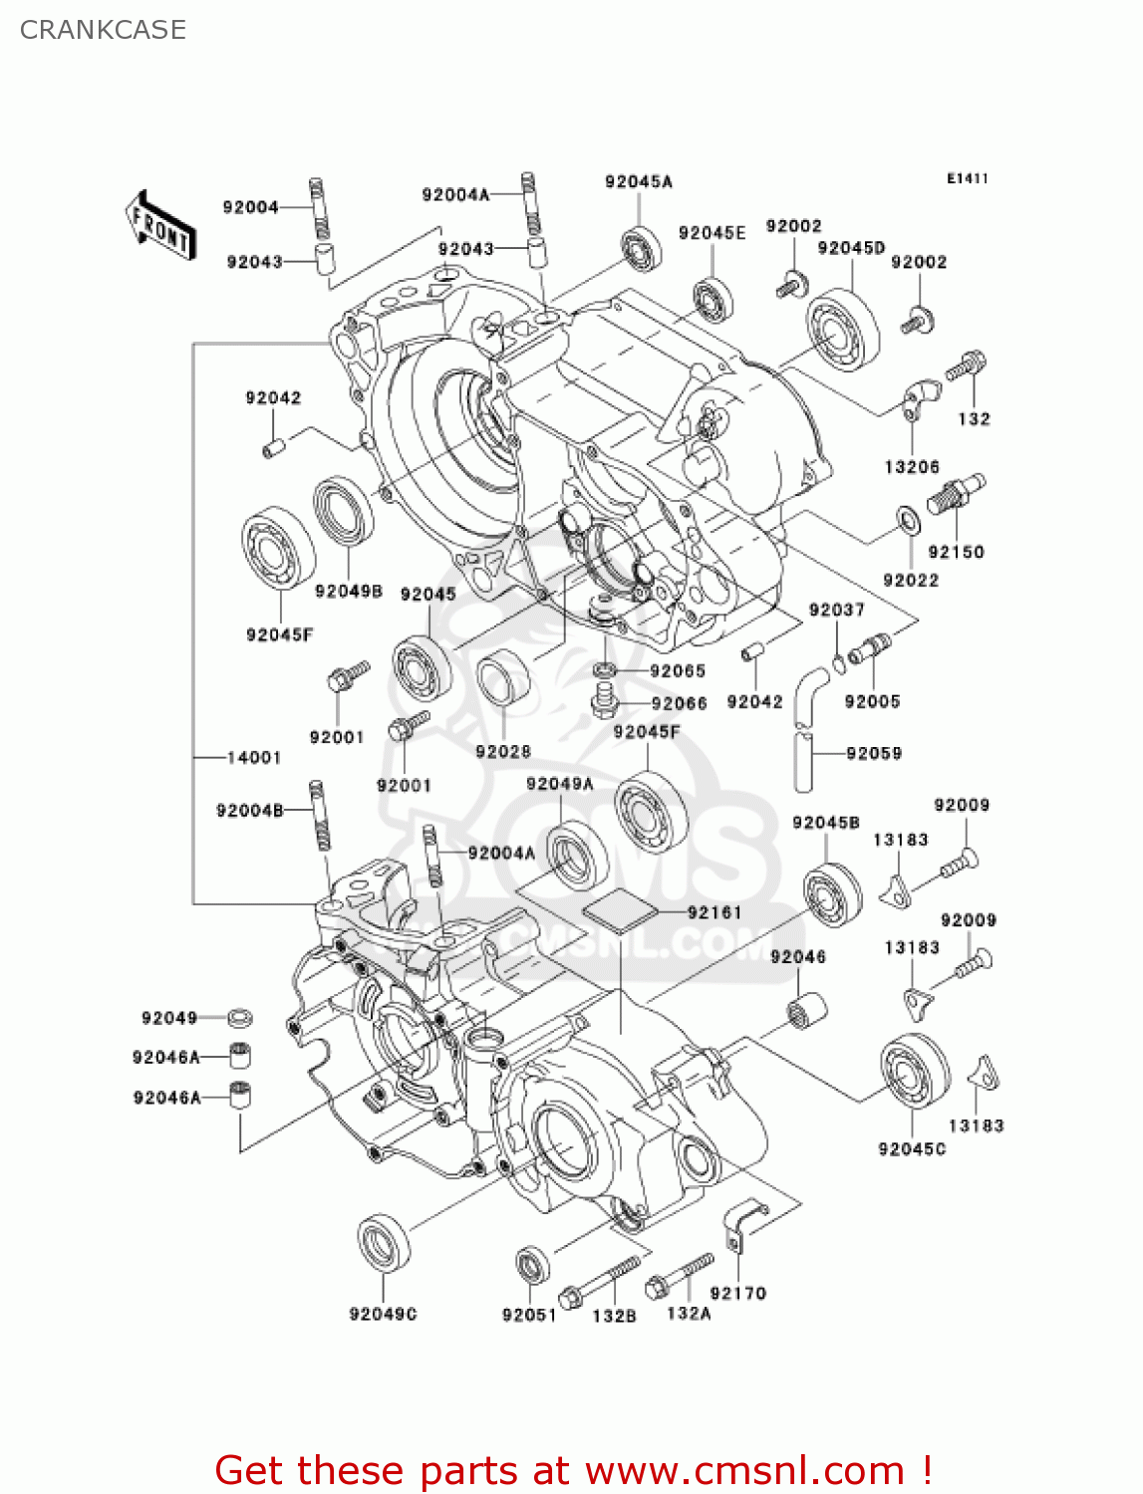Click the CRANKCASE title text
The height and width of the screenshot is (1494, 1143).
103,30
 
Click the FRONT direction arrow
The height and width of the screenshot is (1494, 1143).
159,226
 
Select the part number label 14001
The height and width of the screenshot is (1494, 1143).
254,758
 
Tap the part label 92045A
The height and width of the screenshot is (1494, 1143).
639,181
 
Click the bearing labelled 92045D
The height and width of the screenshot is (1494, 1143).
843,331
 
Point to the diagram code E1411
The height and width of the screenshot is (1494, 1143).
967,178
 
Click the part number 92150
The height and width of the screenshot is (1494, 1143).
956,552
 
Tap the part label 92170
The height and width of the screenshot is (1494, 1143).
737,1293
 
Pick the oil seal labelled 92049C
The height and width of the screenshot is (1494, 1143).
384,1243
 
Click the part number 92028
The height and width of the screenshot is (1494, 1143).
503,751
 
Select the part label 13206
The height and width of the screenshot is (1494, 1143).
912,467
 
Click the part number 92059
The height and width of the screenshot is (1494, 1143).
874,753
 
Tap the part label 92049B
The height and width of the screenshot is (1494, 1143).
349,591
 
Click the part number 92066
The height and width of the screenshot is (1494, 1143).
679,703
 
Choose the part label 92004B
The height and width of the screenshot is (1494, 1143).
250,811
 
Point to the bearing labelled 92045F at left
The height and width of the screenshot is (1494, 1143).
278,548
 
